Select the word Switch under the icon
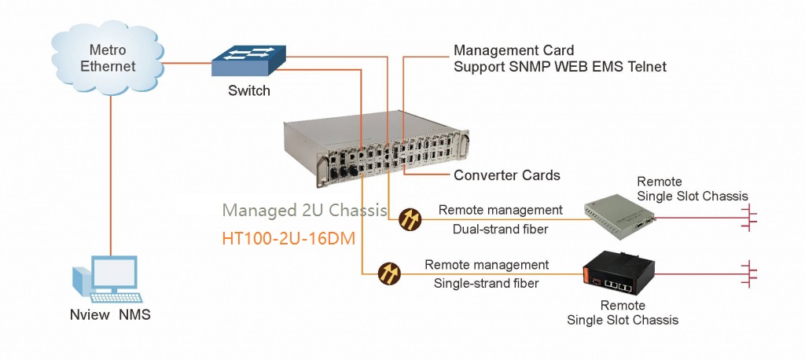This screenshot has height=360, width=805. click(249, 90)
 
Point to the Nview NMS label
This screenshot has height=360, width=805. click(110, 316)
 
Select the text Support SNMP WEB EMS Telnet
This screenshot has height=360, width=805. click(560, 68)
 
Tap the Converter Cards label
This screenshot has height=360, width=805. click(507, 174)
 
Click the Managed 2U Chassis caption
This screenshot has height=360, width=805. click(304, 211)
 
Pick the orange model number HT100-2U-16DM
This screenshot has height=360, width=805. click(300, 237)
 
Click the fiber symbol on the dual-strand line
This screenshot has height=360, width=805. click(410, 219)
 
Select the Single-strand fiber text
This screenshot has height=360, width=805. click(487, 283)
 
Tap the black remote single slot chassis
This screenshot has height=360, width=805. click(620, 273)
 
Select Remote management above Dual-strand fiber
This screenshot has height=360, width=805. click(500, 210)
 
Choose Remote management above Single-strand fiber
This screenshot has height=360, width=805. click(487, 264)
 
